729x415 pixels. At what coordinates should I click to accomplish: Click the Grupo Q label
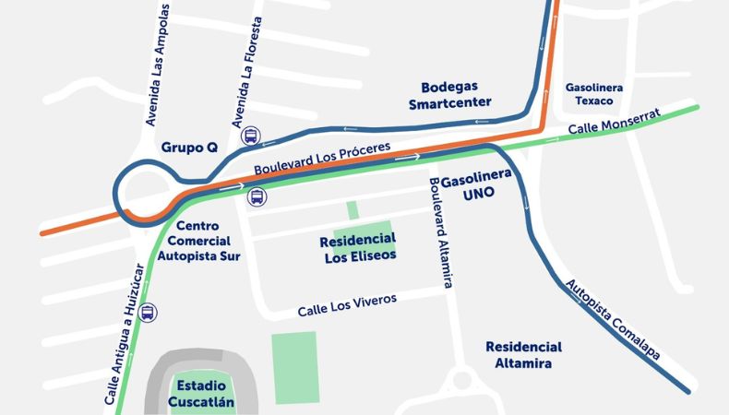click(189, 148)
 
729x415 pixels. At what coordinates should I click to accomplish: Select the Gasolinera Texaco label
click(593, 93)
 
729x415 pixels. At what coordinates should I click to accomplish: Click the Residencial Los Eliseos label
click(359, 247)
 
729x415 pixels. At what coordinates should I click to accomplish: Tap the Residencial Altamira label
click(523, 355)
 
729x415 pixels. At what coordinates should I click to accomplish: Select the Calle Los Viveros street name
click(347, 305)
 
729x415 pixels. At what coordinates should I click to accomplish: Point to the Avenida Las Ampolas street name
click(158, 65)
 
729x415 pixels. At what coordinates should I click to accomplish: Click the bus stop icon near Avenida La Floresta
click(250, 136)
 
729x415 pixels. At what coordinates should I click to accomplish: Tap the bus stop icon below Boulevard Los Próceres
click(257, 196)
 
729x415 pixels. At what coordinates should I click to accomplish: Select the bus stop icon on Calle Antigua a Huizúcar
click(148, 313)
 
